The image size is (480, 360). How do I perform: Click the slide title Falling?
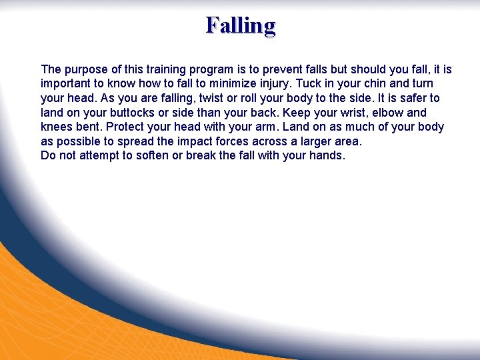pos(240,25)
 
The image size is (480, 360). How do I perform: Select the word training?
pos(158,69)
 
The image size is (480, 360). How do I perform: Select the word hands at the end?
pos(326,156)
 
